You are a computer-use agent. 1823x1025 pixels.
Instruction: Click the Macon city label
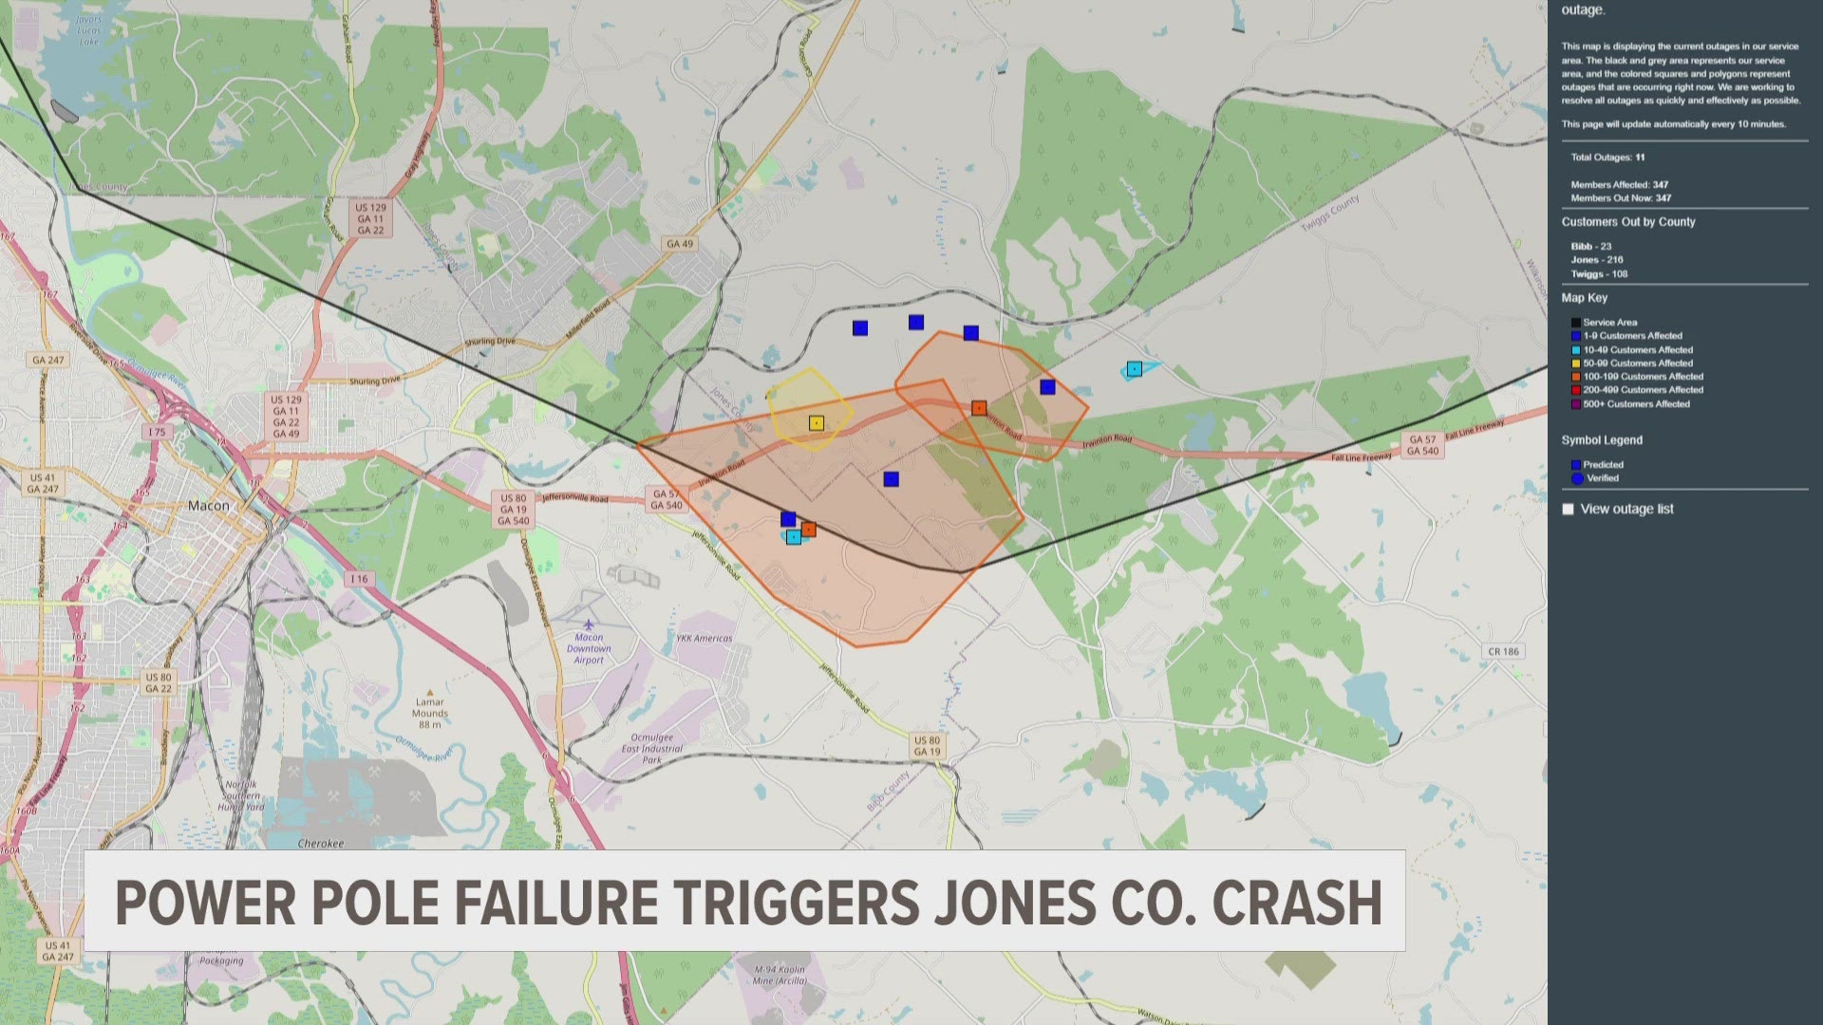tap(208, 506)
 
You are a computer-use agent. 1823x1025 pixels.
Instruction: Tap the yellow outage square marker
tap(817, 423)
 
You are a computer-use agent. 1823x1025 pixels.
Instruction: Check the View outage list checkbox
tap(1568, 510)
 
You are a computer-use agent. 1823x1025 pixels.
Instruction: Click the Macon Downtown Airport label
tap(589, 649)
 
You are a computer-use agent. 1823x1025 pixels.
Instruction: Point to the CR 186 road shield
tap(1503, 651)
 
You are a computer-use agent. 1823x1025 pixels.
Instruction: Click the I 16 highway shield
tap(358, 579)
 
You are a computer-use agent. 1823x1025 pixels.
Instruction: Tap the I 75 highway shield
tap(157, 432)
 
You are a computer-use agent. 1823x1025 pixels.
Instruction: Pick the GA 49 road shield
tap(680, 244)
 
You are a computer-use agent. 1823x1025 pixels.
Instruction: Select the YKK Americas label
tap(704, 639)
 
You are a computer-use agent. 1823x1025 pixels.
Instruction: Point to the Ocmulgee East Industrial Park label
tap(651, 748)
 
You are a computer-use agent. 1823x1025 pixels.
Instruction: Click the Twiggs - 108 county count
tap(1599, 274)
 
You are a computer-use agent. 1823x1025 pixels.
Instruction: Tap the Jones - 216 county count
tap(1597, 260)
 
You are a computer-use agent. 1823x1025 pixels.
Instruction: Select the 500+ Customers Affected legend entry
tap(1636, 404)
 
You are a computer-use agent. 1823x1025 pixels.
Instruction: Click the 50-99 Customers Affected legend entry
tap(1637, 363)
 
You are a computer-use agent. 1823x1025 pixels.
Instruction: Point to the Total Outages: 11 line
tap(1607, 158)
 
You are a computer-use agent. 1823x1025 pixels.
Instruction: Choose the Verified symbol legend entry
tap(1602, 478)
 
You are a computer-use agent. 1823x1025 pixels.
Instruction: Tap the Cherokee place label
tap(321, 844)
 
